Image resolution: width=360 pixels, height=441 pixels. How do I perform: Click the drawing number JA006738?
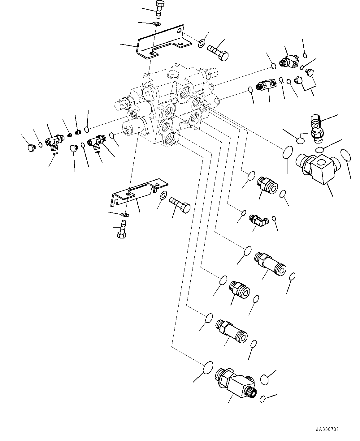[x=327, y=430]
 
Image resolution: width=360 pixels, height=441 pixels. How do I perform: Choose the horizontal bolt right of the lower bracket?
[x=180, y=205]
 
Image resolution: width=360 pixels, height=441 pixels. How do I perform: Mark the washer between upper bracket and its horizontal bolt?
[x=201, y=43]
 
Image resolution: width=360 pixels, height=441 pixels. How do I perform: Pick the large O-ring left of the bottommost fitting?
[x=208, y=368]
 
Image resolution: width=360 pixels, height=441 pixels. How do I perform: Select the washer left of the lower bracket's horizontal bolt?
[x=163, y=195]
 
